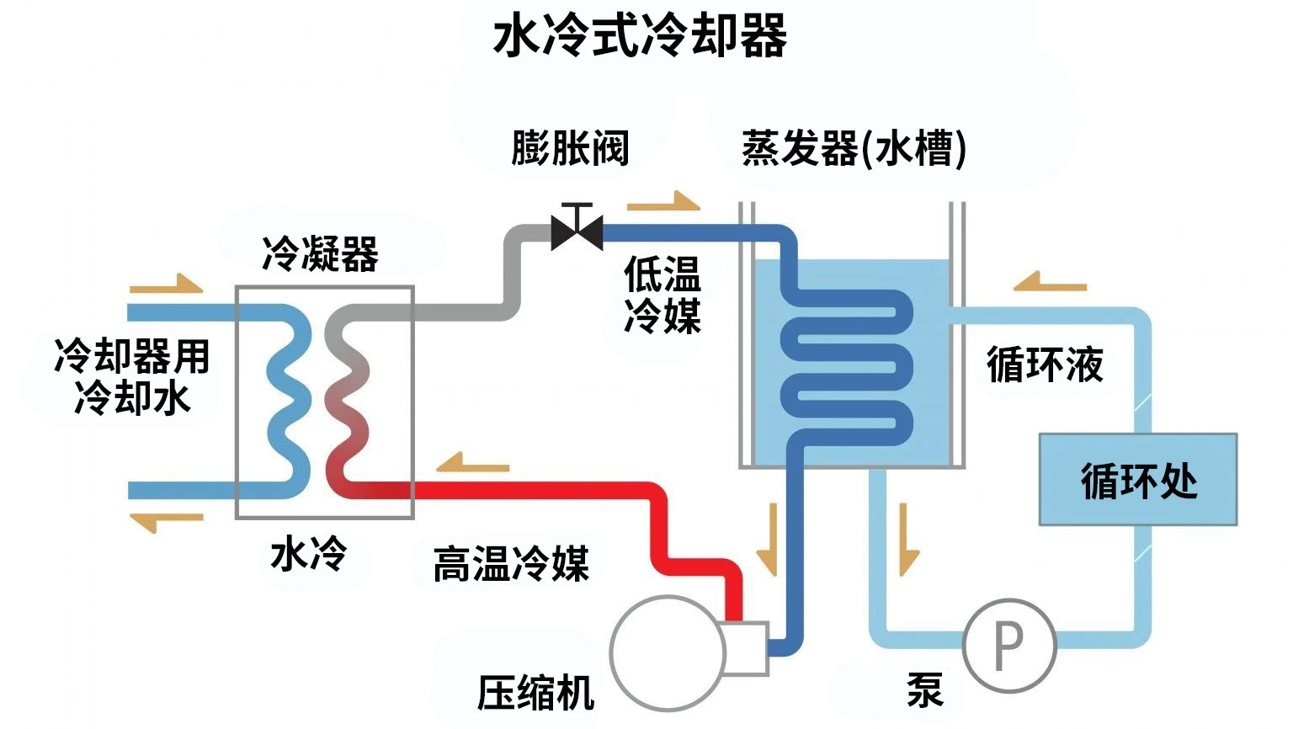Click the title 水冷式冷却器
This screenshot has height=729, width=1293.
click(640, 37)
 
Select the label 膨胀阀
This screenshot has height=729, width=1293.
click(570, 148)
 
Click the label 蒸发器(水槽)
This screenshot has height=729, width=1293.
click(854, 149)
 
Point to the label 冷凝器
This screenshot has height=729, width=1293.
click(320, 253)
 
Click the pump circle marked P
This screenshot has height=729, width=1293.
click(1008, 645)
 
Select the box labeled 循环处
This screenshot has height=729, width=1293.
click(1138, 480)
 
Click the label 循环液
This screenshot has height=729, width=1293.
click(1045, 365)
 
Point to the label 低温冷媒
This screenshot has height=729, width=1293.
click(662, 295)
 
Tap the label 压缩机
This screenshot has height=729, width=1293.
click(535, 693)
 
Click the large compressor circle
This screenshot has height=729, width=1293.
click(667, 652)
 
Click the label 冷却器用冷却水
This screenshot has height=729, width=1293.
click(131, 376)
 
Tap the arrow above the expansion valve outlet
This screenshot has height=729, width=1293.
click(663, 202)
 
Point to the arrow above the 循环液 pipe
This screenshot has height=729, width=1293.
click(1050, 282)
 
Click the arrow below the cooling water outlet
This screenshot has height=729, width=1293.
click(167, 521)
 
